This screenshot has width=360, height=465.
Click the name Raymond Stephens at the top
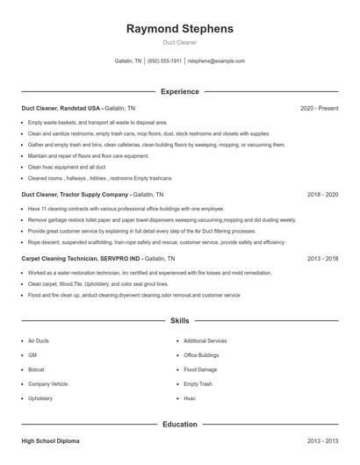click(180, 28)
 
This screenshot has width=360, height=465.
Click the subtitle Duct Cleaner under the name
click(180, 42)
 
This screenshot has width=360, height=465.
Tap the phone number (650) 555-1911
click(165, 61)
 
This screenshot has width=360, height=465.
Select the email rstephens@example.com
click(217, 61)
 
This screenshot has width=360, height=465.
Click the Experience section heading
click(180, 91)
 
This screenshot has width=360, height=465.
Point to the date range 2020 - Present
click(319, 108)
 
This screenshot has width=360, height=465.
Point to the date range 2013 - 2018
click(322, 259)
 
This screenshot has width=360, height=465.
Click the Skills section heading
click(180, 322)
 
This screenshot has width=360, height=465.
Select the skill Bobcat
click(37, 369)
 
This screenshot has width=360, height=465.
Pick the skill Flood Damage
click(200, 369)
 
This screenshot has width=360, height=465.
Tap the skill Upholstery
click(40, 397)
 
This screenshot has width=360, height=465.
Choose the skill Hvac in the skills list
click(190, 397)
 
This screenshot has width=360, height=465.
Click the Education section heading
click(180, 425)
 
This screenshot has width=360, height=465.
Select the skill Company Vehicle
click(47, 383)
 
